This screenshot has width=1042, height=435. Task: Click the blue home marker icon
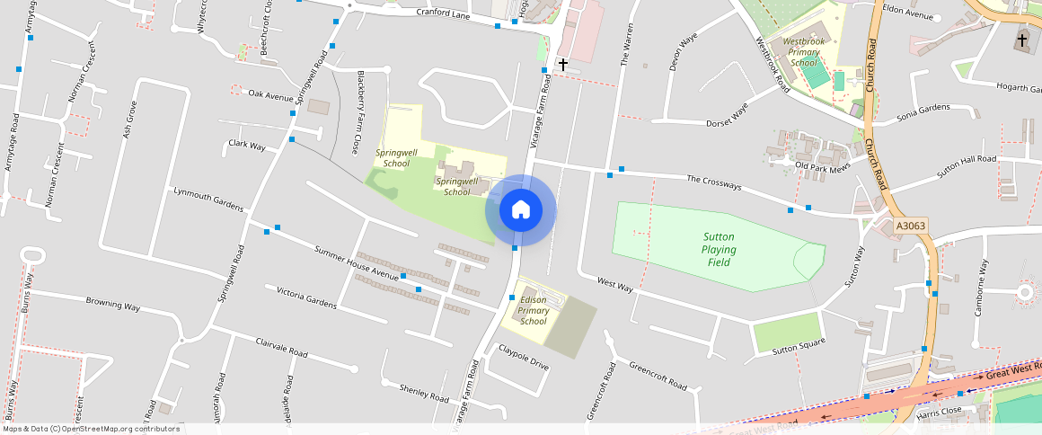[521, 210]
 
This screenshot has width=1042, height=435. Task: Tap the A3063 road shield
[910, 226]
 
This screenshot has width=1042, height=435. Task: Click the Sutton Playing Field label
[719, 250]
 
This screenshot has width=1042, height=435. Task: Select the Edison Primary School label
[533, 310]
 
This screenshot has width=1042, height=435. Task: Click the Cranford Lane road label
[443, 13]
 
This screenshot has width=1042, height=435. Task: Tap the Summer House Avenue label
[357, 262]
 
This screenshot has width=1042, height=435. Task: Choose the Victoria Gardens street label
[306, 297]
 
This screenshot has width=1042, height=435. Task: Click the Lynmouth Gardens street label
[208, 200]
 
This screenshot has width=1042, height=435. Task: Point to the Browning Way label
[113, 304]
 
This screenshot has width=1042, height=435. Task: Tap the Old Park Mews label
[823, 168]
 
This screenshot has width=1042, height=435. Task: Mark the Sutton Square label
[799, 348]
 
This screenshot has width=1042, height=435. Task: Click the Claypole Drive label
[524, 357]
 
